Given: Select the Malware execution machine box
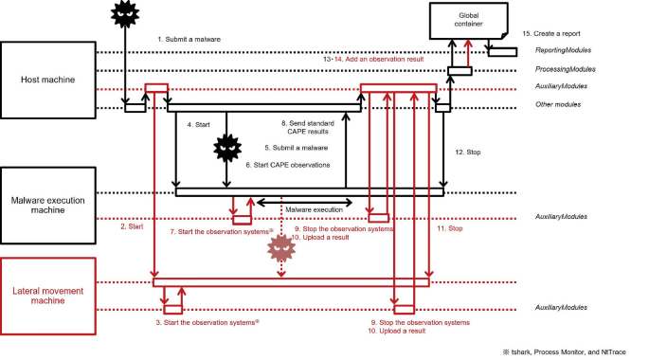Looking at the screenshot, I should click(x=47, y=203).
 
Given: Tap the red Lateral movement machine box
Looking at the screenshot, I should click(x=47, y=295).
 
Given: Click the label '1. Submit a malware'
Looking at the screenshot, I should click(x=189, y=39).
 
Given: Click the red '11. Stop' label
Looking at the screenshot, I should click(x=448, y=228).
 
